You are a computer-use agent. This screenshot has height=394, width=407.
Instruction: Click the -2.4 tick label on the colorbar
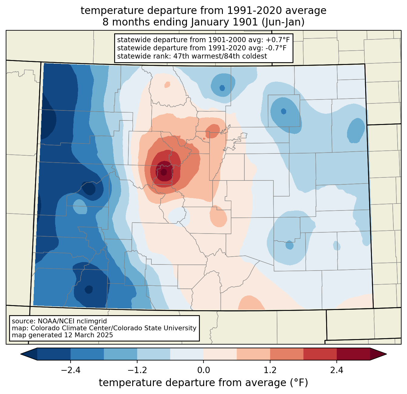(x=71, y=370)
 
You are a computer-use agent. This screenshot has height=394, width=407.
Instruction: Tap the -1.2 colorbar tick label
(x=137, y=370)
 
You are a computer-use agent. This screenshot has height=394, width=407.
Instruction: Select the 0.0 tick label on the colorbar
(x=203, y=370)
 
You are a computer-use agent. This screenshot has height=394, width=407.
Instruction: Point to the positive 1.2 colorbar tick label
(x=270, y=370)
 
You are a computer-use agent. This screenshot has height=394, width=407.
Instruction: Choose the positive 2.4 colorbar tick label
(x=337, y=370)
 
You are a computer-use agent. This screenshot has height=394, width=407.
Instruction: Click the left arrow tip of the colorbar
(x=21, y=354)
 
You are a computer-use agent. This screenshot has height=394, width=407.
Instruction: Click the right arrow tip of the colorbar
(x=386, y=354)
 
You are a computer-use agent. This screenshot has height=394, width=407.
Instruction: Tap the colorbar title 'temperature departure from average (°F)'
(x=203, y=383)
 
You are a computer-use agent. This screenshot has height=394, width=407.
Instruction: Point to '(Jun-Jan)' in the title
(x=283, y=22)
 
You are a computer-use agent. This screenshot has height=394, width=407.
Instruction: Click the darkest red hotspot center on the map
(x=164, y=172)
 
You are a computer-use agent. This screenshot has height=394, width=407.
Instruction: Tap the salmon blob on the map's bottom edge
(x=251, y=303)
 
